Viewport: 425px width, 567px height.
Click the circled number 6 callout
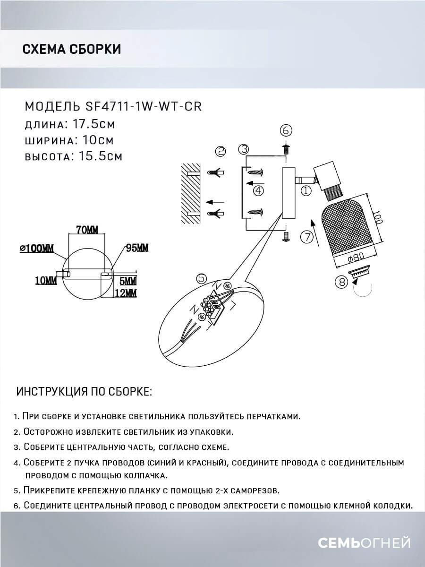[287, 130]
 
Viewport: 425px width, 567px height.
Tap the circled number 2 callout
[220, 151]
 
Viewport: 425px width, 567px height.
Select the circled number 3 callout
[244, 149]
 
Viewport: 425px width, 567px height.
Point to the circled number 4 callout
[257, 190]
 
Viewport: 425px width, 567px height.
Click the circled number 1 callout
[306, 191]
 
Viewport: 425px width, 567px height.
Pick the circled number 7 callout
[307, 237]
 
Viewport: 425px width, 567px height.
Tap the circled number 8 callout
[340, 282]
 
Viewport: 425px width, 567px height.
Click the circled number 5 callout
[202, 279]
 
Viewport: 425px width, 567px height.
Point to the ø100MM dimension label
[36, 248]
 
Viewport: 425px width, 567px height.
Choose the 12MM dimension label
[125, 293]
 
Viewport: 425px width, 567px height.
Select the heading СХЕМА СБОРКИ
[71, 49]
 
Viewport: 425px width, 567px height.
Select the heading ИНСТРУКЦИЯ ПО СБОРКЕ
[85, 392]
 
